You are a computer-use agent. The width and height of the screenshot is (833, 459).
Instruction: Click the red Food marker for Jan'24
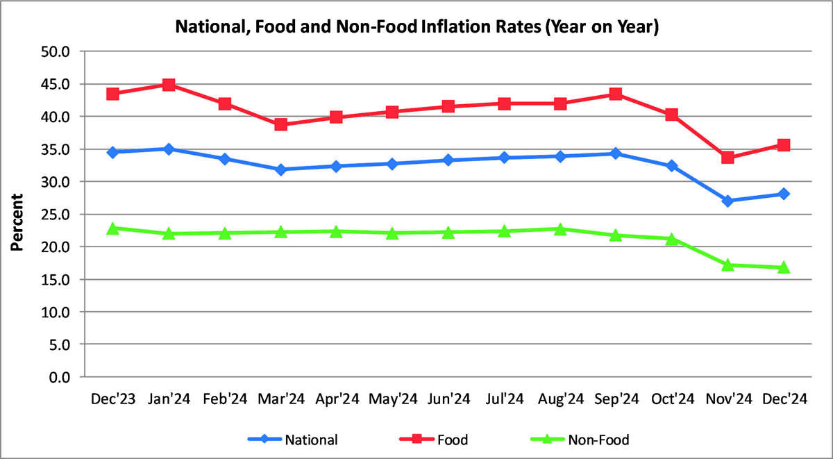169,85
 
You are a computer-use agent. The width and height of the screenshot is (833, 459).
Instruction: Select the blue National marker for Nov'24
727,201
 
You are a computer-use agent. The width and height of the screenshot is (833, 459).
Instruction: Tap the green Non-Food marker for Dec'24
783,267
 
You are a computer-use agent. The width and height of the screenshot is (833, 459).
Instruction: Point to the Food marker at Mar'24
280,125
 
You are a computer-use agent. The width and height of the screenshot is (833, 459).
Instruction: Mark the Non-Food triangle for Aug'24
560,228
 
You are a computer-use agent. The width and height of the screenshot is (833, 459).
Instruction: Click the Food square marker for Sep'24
616,94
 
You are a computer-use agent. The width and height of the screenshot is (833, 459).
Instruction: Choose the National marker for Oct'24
671,166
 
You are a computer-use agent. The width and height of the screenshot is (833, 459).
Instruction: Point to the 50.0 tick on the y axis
57,51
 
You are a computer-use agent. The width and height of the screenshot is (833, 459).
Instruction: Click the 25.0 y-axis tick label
57,214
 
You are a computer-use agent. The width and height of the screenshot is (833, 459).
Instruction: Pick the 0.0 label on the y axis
60,377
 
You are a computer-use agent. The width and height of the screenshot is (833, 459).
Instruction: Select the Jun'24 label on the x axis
448,399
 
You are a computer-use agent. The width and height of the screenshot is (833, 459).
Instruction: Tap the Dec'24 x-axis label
783,399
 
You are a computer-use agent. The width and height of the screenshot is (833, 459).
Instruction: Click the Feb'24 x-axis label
224,399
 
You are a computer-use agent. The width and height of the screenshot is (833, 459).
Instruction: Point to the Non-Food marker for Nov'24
727,265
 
